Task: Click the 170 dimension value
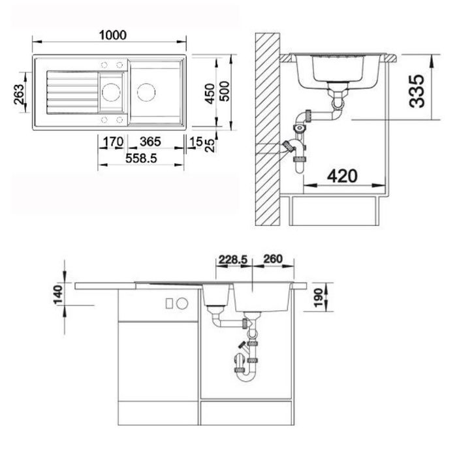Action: coord(113,142)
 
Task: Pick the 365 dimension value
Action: coord(150,142)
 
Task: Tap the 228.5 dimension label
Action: coord(232,260)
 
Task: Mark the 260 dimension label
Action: coord(272,260)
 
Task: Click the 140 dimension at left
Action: coord(59,294)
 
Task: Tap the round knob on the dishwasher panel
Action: coord(183,303)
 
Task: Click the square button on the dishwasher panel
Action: coord(170,303)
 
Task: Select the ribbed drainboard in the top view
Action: coord(70,92)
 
